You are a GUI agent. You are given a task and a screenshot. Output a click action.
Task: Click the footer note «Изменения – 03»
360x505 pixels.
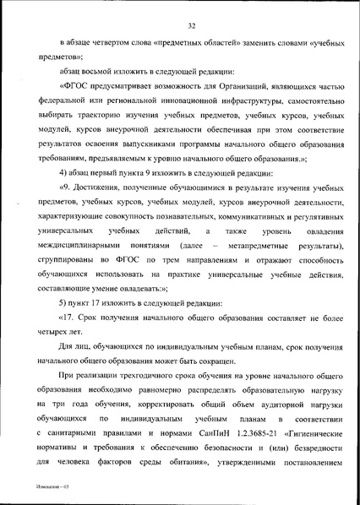[30, 498]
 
